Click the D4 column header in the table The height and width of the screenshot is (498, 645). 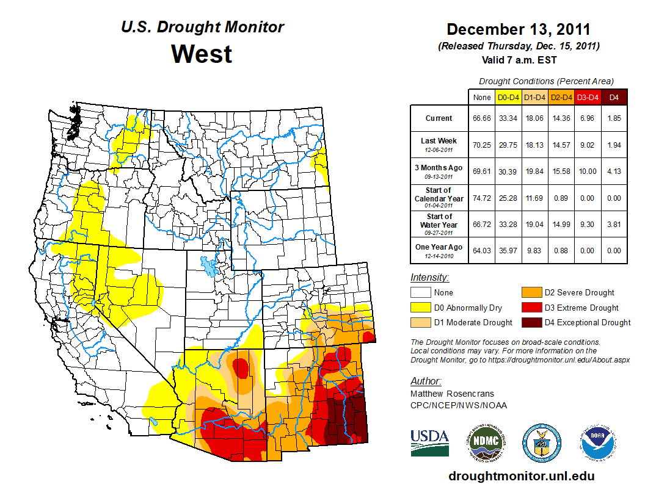[x=614, y=97]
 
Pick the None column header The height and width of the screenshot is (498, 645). [x=481, y=97]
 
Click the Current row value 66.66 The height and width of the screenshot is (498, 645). [x=481, y=118]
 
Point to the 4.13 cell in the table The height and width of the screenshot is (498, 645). [x=614, y=171]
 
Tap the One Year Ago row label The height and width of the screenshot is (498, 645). [x=439, y=247]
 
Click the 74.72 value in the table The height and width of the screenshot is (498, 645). [x=481, y=198]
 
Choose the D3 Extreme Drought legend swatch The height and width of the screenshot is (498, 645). [x=530, y=308]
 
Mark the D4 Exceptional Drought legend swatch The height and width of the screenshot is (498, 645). [x=530, y=322]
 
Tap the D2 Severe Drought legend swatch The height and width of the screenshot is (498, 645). [x=530, y=292]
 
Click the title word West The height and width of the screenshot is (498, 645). [x=202, y=54]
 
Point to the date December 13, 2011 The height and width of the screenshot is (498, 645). [x=519, y=29]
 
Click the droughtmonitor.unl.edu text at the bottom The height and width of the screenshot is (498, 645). [x=521, y=475]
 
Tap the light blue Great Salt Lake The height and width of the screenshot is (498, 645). [x=210, y=266]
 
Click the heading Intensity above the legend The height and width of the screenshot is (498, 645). [x=429, y=278]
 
